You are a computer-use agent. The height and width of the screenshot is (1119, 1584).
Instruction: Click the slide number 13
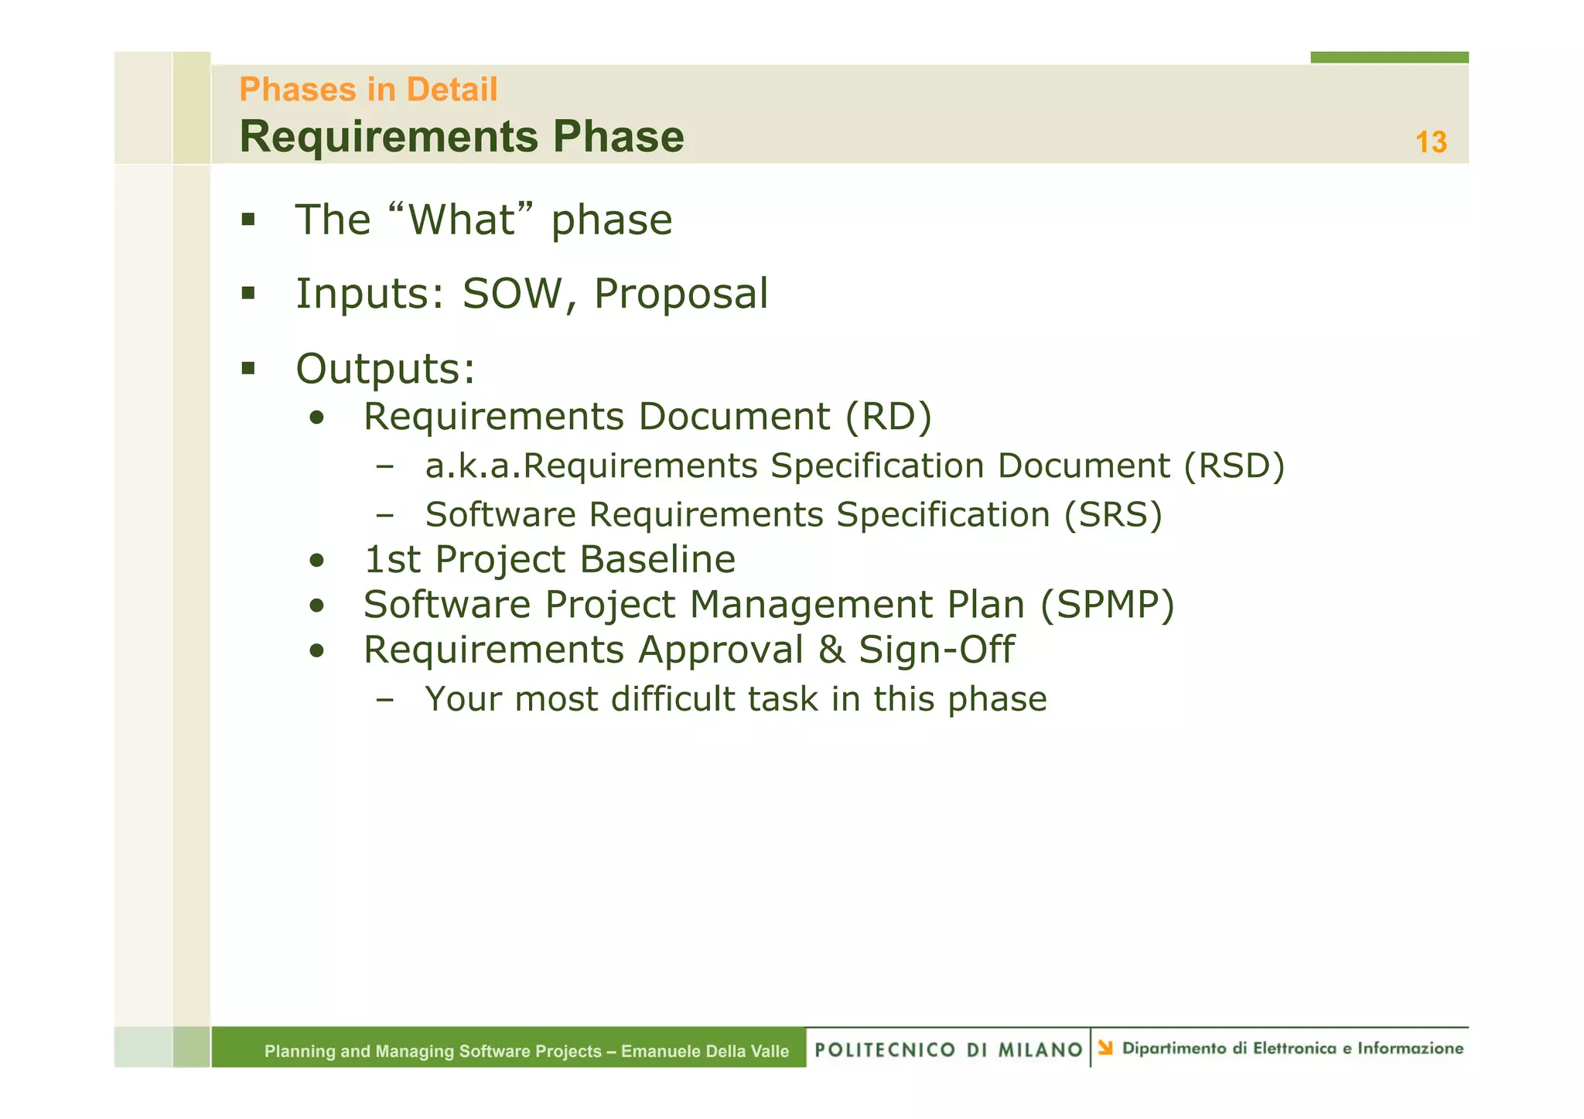[1430, 142]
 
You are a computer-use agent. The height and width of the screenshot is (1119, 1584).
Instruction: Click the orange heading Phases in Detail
[368, 90]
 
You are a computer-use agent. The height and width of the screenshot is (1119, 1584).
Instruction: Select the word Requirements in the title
[388, 138]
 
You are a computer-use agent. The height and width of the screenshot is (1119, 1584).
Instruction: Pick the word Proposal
[681, 294]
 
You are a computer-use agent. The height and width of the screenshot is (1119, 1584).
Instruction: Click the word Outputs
[384, 368]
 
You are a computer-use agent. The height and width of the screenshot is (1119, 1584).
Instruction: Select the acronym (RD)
[888, 417]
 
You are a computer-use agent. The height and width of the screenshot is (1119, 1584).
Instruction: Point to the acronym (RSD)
[1234, 466]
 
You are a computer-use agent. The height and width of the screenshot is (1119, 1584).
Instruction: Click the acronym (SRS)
[1112, 515]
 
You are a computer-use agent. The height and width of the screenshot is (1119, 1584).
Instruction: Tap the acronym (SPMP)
[1107, 605]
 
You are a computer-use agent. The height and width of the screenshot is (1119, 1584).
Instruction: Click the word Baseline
[657, 559]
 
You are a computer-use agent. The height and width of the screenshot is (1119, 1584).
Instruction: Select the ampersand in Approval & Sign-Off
[831, 650]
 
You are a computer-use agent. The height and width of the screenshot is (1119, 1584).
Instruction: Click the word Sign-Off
[936, 650]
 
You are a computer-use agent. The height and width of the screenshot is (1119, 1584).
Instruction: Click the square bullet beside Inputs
[248, 293]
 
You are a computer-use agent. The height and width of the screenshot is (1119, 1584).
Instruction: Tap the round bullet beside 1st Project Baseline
[316, 561]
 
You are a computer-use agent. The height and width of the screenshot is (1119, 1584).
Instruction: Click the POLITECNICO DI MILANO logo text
[948, 1049]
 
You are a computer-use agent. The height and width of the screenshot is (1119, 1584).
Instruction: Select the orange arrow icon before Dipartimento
[1105, 1048]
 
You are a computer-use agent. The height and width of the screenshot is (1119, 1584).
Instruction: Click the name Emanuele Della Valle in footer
[705, 1051]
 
